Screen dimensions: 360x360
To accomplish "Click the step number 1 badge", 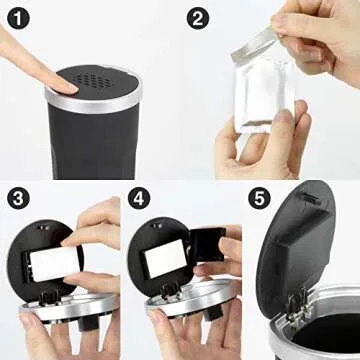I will pos(16,17).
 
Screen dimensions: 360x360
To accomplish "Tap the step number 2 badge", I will pos(198,17).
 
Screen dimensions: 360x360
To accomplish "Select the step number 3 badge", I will pos(16,198).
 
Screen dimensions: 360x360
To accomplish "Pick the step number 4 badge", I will pos(137,198).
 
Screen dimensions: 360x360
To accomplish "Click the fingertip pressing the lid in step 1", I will pos(62,87).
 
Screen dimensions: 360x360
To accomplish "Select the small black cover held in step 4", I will pos(208,245).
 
